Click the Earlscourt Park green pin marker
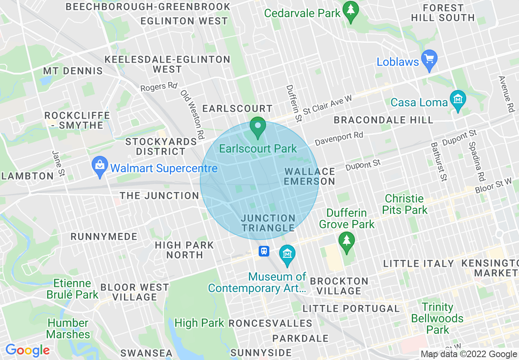point(258,127)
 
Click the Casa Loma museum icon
point(458,100)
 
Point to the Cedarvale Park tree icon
point(351,11)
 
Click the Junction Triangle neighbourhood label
point(268,223)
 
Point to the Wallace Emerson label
point(310,176)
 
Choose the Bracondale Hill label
point(383,120)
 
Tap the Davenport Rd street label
point(339,139)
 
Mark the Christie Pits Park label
point(405,204)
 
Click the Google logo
point(27,350)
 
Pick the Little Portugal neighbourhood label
point(351,308)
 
